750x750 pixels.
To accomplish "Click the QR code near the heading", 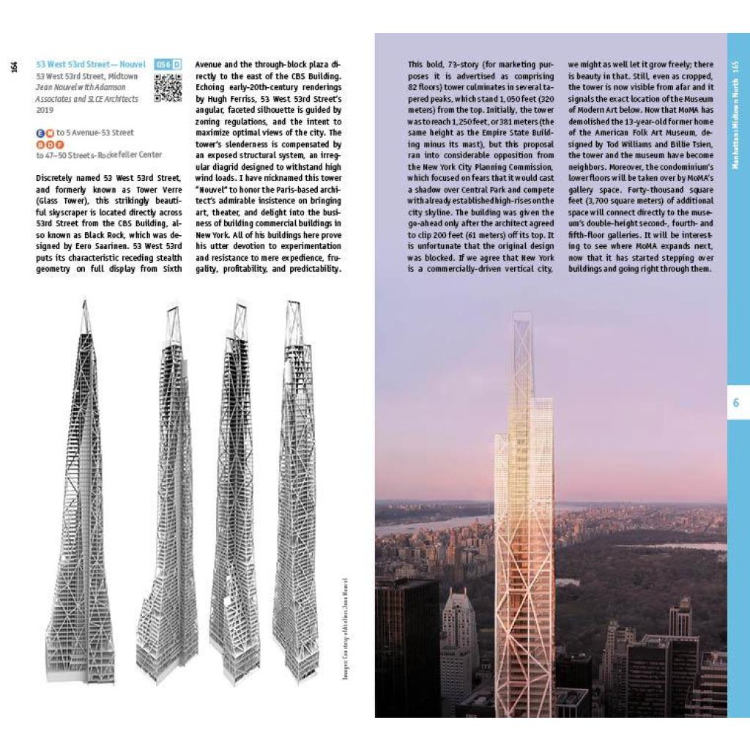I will point(168,87).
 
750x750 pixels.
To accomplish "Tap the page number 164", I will point(14,67).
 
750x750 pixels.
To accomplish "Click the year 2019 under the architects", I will point(45,110).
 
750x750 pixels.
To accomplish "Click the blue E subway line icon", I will point(40,133).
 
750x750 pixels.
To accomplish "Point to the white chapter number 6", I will point(736,404).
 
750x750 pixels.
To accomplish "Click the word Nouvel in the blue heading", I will point(130,65).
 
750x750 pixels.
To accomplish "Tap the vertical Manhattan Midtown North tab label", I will point(736,114).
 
